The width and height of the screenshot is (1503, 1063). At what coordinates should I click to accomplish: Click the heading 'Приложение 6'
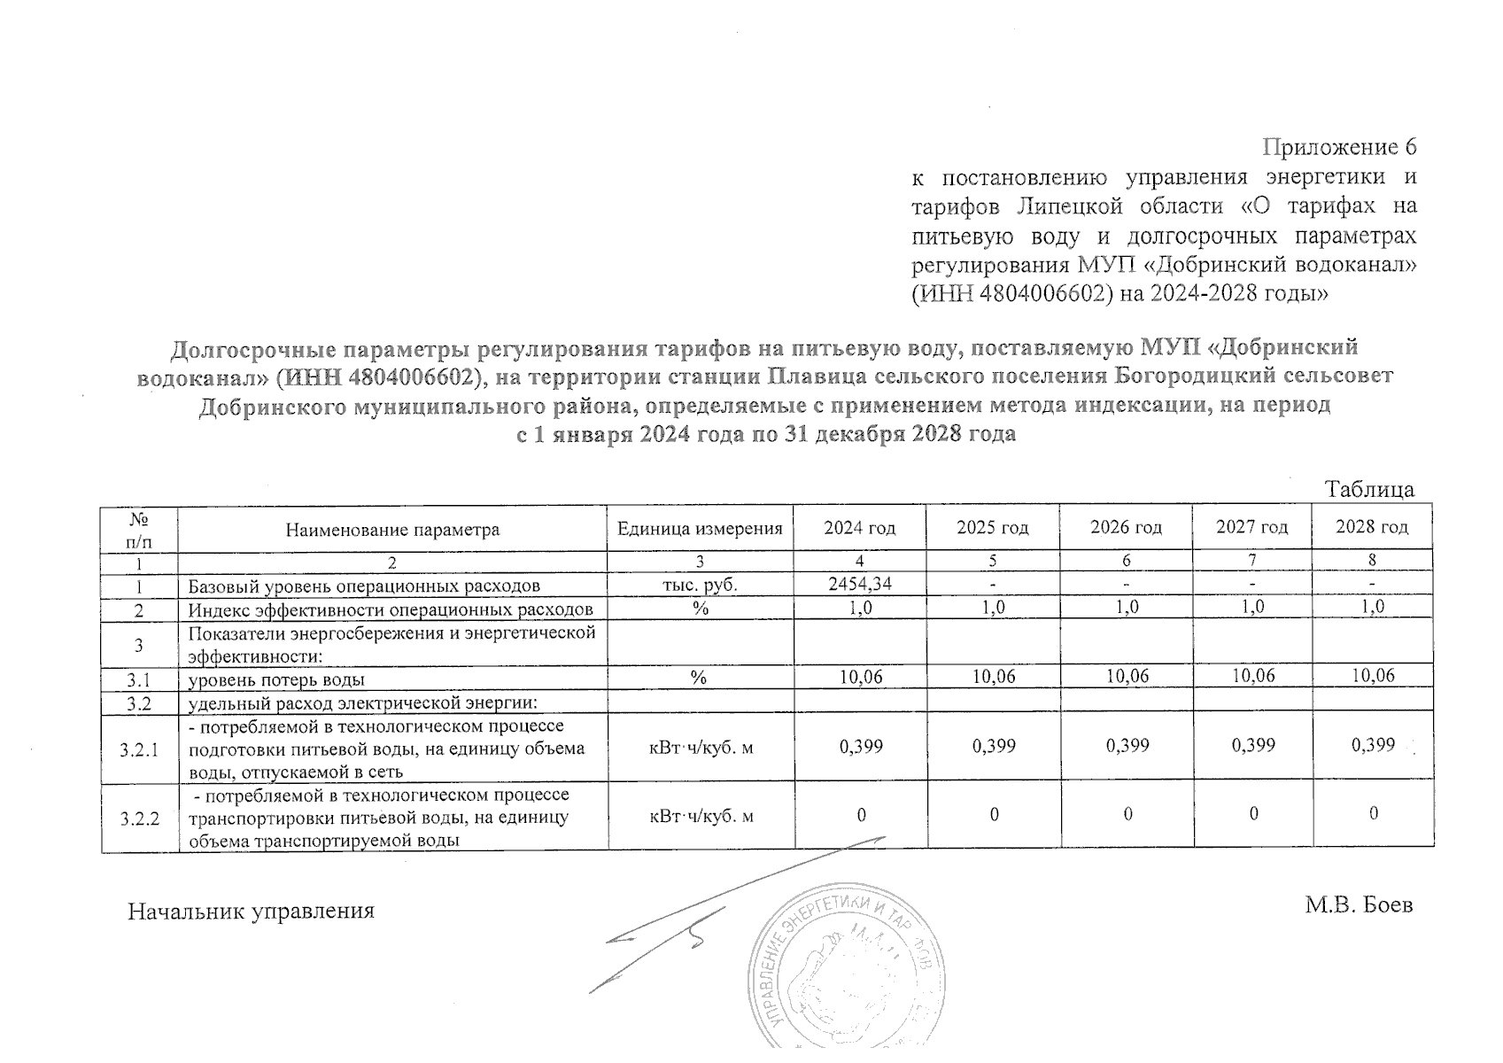(1339, 146)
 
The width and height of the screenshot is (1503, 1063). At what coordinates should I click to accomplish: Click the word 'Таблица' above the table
(1369, 489)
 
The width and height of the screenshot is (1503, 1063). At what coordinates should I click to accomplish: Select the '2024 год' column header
(859, 528)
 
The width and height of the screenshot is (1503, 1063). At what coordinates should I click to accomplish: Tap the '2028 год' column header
(1371, 527)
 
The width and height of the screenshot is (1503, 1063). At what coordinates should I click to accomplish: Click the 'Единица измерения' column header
(700, 529)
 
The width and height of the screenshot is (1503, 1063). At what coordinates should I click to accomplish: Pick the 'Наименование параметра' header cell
(392, 530)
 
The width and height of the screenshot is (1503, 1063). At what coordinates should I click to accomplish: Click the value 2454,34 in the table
(859, 583)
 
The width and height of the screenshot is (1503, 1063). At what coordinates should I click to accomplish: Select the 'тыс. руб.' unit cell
(700, 585)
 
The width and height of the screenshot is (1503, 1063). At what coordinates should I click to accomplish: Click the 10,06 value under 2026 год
(1127, 676)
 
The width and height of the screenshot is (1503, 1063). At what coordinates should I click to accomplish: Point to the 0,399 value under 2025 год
(994, 746)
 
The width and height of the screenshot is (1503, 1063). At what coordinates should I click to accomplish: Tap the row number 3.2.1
(139, 750)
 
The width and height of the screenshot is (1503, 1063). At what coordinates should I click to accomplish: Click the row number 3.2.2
(139, 818)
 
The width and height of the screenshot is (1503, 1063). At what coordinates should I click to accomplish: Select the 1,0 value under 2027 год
(1251, 607)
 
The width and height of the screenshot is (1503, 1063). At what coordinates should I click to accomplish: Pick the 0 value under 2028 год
(1373, 813)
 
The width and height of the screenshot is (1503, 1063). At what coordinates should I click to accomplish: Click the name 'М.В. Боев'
(1358, 905)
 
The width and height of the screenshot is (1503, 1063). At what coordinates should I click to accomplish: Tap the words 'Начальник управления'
(252, 911)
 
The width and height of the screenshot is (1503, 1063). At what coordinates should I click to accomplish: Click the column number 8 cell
(1372, 560)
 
